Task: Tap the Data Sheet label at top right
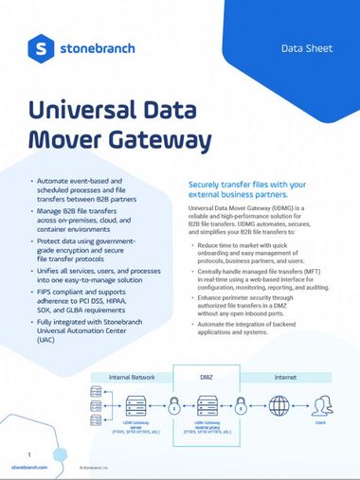tap(306, 46)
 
